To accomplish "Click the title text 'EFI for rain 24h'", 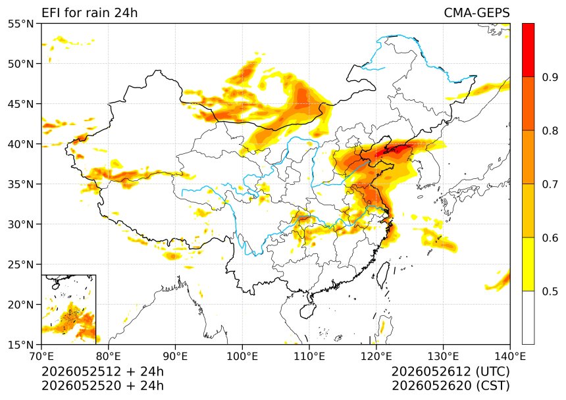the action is tap(90, 13).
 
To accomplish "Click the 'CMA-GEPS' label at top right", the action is tap(476, 13).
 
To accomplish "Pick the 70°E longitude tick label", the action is tap(41, 357).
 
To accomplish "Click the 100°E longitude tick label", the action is tap(242, 357).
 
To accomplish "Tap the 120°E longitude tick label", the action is tap(376, 357).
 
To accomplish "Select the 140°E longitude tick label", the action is tap(510, 357).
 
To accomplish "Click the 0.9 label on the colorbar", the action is tap(550, 77).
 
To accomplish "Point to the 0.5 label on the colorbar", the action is tap(550, 291).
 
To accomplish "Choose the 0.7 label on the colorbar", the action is tap(550, 184).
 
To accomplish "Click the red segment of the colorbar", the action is tap(528, 50).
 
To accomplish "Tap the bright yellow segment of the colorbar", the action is tap(528, 264).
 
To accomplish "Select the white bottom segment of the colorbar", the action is tap(528, 318).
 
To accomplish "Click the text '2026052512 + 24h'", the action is tap(103, 372).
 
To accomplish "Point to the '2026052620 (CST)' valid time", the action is tap(451, 386).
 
